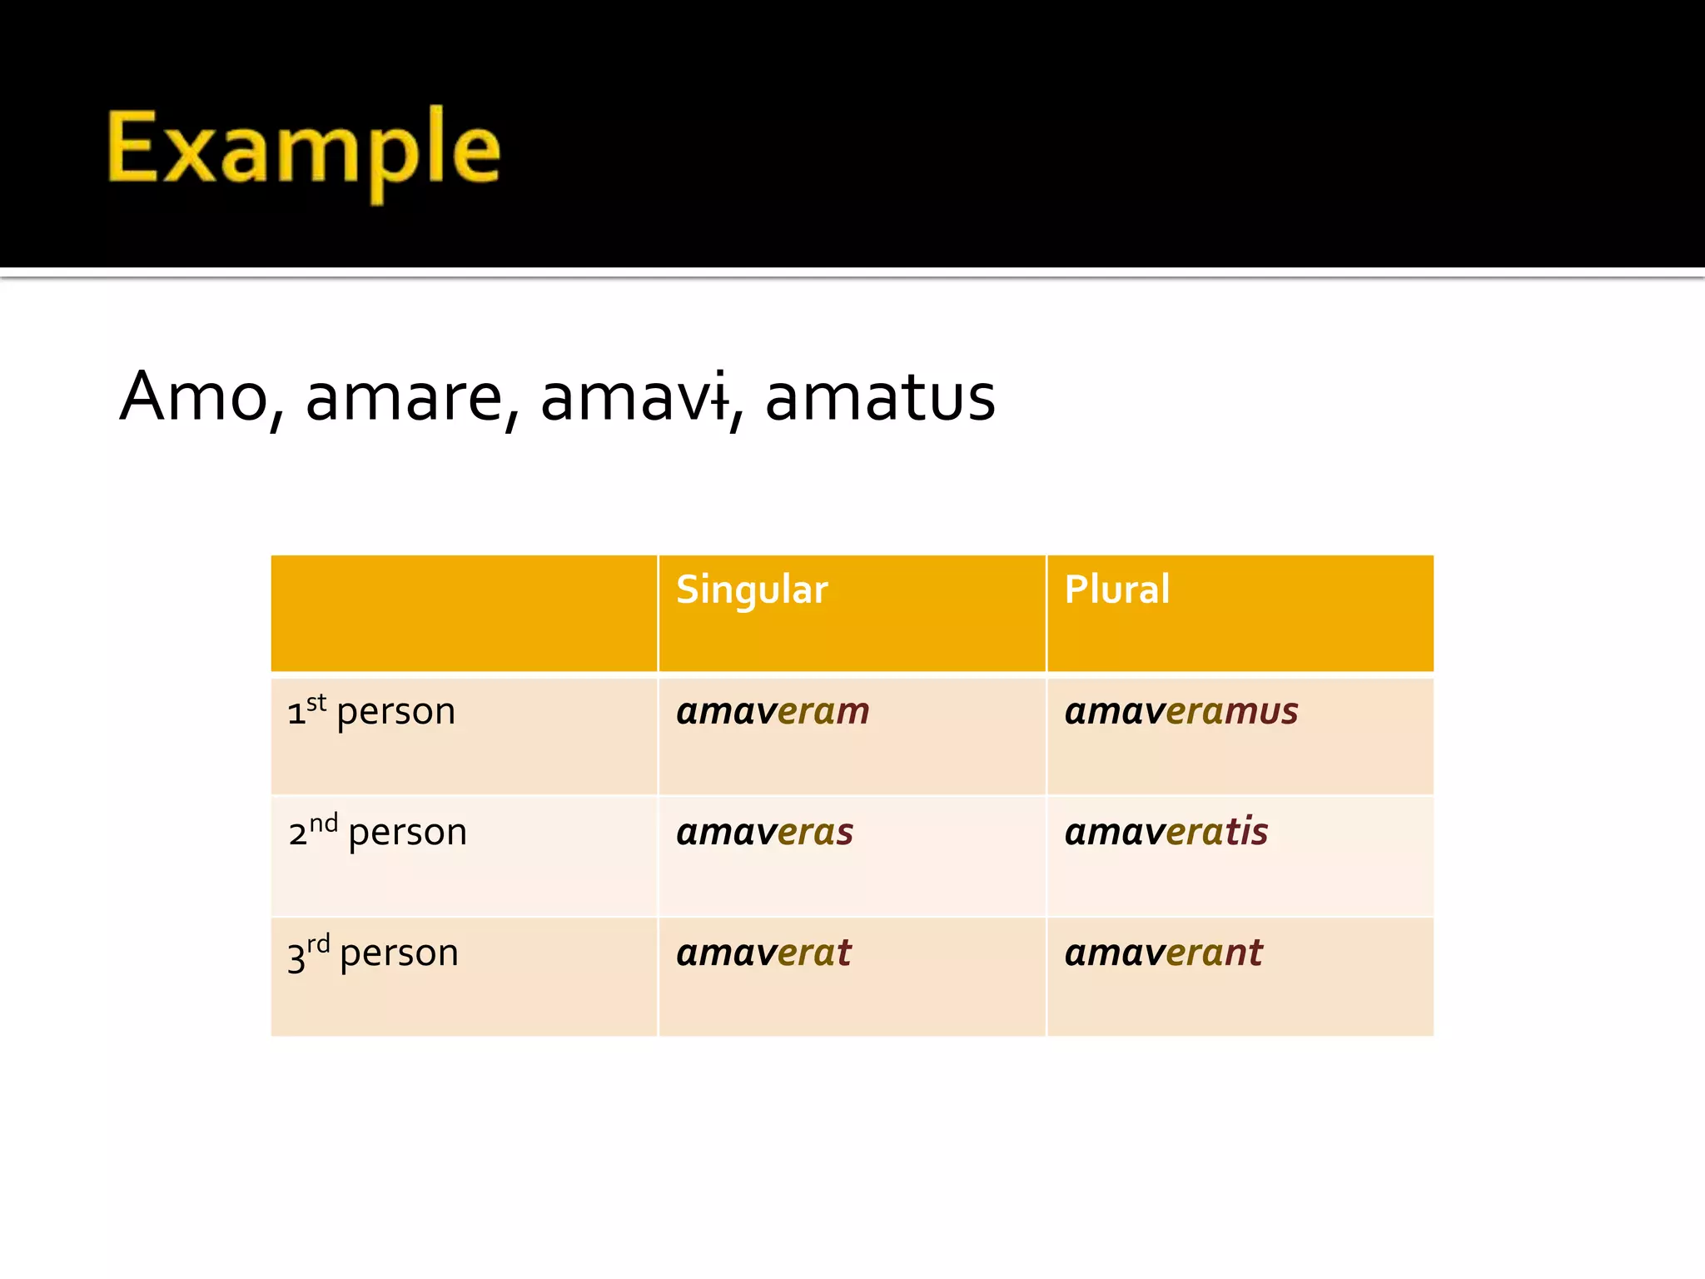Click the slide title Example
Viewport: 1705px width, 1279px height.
[x=304, y=150]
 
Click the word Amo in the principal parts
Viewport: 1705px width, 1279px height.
[x=193, y=397]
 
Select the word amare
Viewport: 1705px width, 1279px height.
[x=405, y=397]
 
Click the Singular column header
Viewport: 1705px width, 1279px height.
[x=752, y=590]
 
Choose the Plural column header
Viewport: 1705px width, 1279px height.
[x=1116, y=590]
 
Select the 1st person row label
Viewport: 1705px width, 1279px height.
[x=371, y=711]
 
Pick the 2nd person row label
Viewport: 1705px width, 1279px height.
[x=377, y=831]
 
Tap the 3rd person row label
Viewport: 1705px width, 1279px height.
[x=373, y=953]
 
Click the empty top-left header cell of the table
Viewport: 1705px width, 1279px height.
[x=464, y=613]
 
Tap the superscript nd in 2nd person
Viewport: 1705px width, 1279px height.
[x=324, y=823]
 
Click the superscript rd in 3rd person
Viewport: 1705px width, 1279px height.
[x=318, y=943]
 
